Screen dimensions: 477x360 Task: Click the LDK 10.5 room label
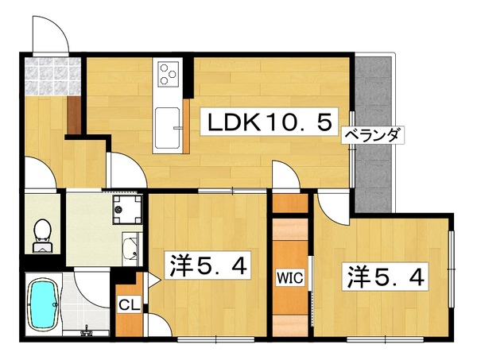[270, 122]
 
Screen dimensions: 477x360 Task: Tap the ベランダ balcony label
[373, 134]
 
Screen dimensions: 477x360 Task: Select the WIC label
[289, 277]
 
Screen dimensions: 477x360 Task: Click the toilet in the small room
[42, 235]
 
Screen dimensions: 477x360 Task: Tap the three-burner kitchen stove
[169, 74]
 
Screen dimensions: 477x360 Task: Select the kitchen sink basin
[167, 127]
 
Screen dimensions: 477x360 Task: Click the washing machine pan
[127, 210]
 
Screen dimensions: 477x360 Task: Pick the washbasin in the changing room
[132, 249]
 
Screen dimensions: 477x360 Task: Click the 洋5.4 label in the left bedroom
[208, 265]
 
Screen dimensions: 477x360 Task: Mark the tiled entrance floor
[53, 76]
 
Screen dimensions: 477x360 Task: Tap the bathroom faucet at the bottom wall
[87, 331]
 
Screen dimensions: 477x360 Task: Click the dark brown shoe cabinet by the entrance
[74, 114]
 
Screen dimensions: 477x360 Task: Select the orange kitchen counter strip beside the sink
[186, 126]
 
